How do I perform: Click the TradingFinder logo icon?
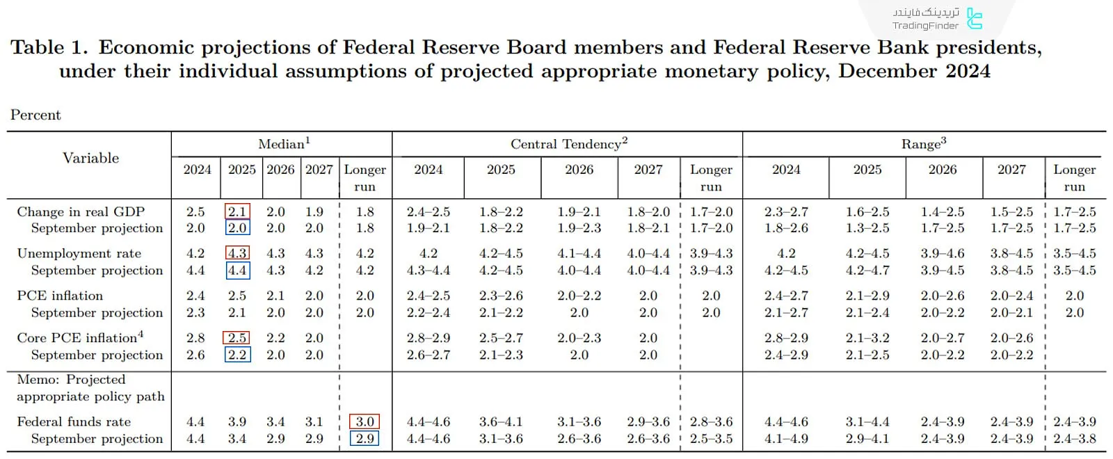(975, 19)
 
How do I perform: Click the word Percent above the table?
(35, 115)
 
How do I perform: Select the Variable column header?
(90, 158)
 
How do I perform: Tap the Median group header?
(284, 144)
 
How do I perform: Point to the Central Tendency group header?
(568, 144)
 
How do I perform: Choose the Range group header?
(923, 144)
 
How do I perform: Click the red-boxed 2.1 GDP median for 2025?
(237, 211)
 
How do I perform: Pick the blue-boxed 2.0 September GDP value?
(237, 228)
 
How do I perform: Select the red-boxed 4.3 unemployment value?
(237, 254)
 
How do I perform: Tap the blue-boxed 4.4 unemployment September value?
(237, 271)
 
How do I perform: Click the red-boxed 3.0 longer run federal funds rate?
(365, 421)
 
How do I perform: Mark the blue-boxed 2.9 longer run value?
(365, 439)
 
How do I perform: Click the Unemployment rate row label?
(79, 254)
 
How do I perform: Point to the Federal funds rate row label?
(74, 421)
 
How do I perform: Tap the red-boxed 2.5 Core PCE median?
(237, 338)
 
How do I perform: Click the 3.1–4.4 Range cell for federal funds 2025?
(867, 421)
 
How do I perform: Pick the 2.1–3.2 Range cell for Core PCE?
(867, 338)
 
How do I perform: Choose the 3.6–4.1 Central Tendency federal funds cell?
(501, 421)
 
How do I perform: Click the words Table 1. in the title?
(49, 47)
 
